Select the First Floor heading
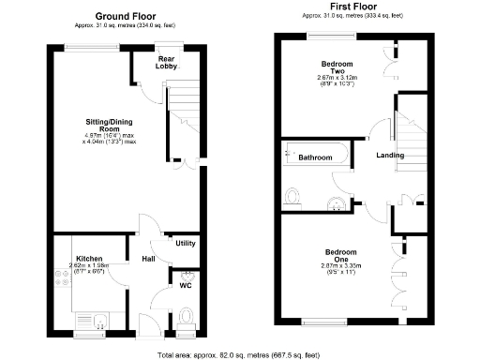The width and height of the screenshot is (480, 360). pyautogui.click(x=352, y=7)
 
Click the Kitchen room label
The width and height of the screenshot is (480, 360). pyautogui.click(x=89, y=258)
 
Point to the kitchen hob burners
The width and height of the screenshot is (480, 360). pyautogui.click(x=61, y=280)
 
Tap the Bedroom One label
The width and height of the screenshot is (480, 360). pyautogui.click(x=339, y=255)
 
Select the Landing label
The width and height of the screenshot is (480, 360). pyautogui.click(x=390, y=156)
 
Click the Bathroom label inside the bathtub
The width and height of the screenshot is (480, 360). pyautogui.click(x=315, y=157)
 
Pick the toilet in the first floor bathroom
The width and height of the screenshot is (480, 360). pyautogui.click(x=293, y=196)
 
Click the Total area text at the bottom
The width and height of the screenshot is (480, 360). pyautogui.click(x=239, y=354)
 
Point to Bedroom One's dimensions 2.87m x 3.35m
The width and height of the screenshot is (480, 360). pyautogui.click(x=340, y=267)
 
